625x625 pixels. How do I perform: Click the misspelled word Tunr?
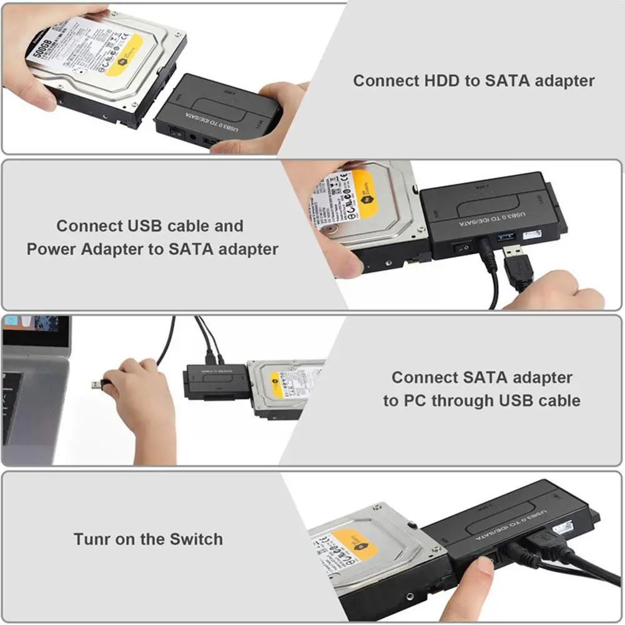94,539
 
